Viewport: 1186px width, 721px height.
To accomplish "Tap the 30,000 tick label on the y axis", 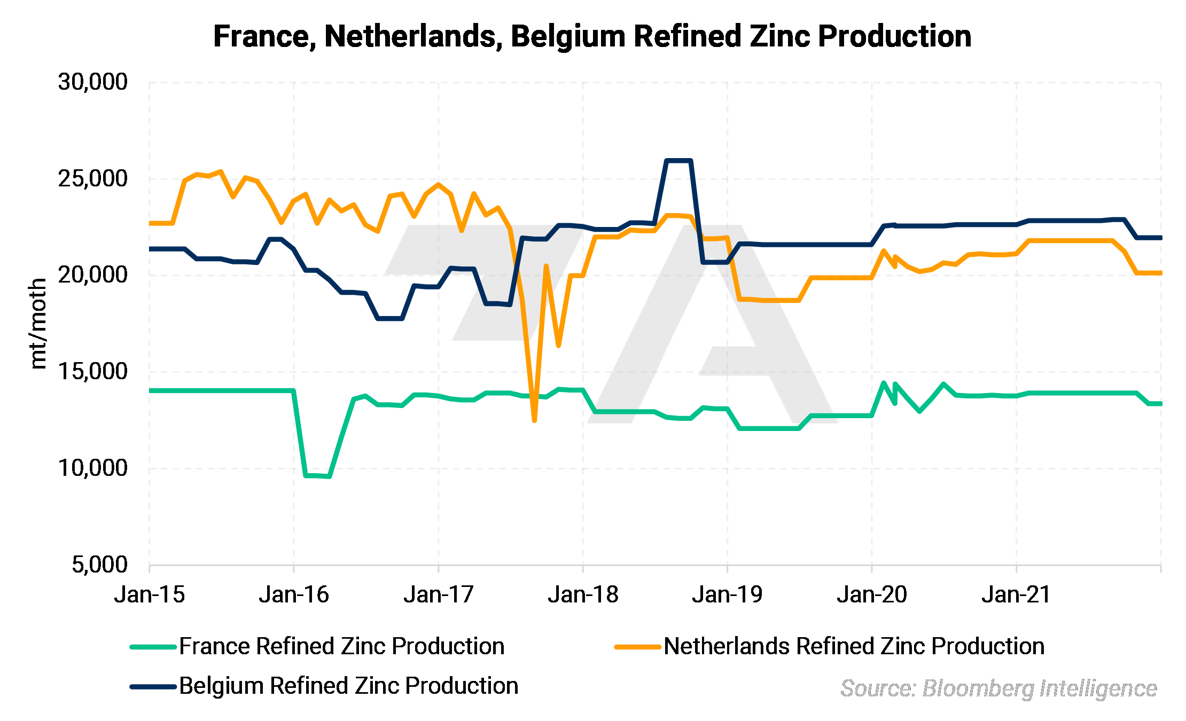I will (93, 82).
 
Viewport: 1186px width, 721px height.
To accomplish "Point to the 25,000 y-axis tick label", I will (93, 179).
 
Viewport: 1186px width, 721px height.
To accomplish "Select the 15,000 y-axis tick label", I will (93, 372).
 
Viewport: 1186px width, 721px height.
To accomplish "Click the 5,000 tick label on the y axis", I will (100, 565).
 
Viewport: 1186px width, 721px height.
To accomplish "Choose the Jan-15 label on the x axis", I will (150, 594).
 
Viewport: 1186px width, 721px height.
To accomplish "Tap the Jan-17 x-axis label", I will (439, 594).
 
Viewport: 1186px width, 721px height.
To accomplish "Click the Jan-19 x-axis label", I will (727, 594).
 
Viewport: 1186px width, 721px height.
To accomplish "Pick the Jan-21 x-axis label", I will (1016, 594).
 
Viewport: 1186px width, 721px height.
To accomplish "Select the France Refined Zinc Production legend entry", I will (342, 646).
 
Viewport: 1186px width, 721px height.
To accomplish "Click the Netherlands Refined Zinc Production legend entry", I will (854, 646).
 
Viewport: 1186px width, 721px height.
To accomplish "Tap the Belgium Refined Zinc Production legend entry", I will (348, 686).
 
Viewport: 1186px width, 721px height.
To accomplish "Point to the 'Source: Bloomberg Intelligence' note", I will (998, 688).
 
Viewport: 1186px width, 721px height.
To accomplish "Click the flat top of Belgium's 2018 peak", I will (678, 160).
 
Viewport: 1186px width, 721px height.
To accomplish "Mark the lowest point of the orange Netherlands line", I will (534, 420).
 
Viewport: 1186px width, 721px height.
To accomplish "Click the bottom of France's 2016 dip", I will (318, 475).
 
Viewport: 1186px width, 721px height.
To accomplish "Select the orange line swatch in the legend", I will (637, 647).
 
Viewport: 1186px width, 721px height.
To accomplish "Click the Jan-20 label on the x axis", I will (872, 594).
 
